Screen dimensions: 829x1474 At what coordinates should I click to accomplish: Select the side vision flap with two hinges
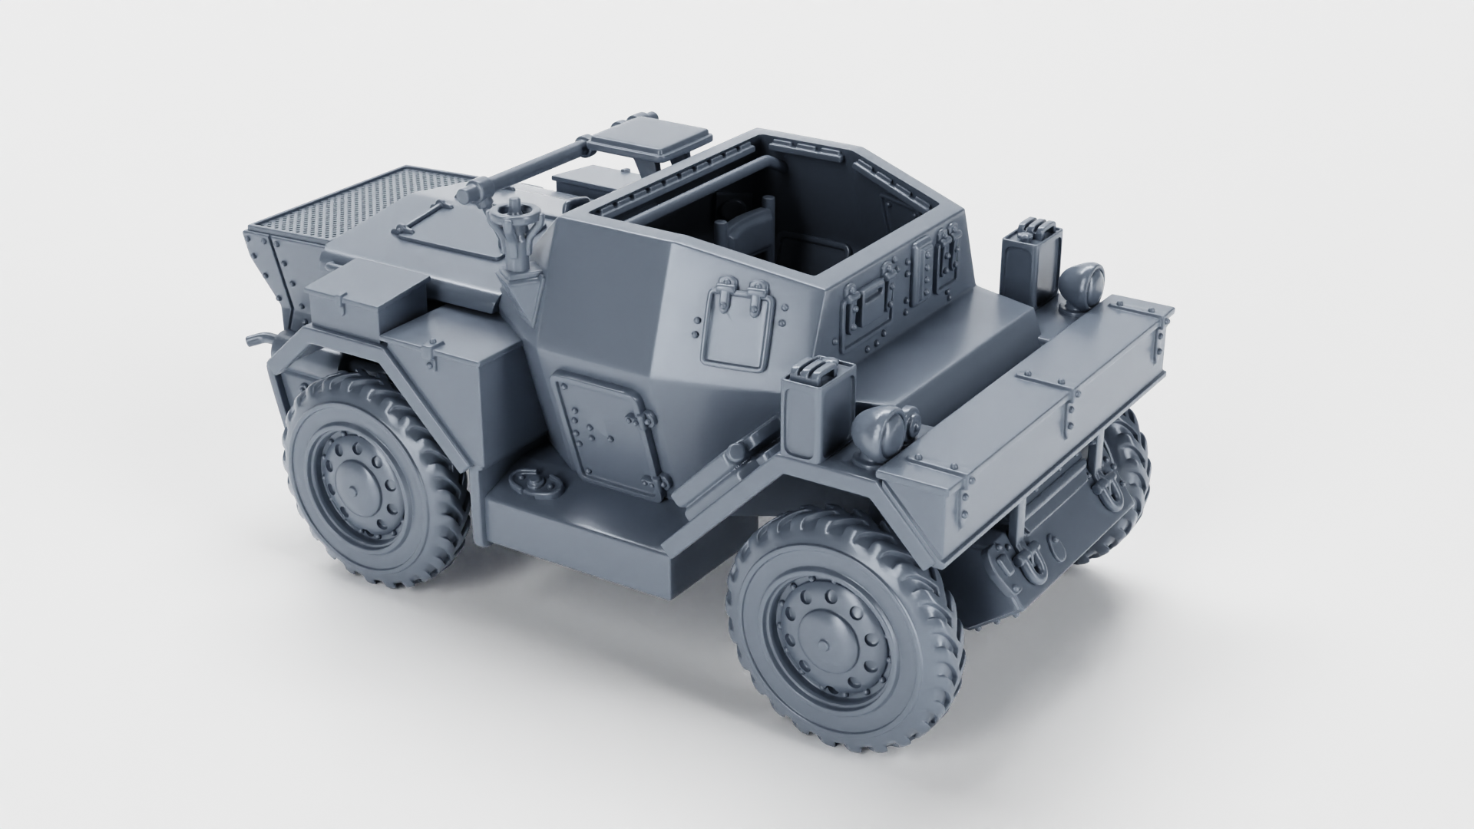click(x=735, y=325)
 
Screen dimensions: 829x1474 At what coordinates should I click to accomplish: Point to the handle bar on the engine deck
click(x=421, y=219)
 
